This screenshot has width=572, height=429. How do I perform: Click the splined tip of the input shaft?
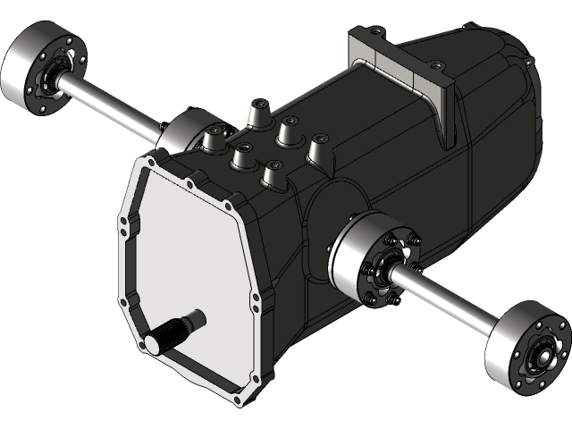(x=164, y=340)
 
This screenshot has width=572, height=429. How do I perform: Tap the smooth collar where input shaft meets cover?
(x=195, y=317)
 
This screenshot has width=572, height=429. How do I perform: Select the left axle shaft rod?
(x=112, y=107)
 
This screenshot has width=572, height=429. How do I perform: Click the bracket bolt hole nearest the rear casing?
(x=435, y=65)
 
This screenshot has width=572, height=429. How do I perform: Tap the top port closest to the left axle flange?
(x=215, y=138)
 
